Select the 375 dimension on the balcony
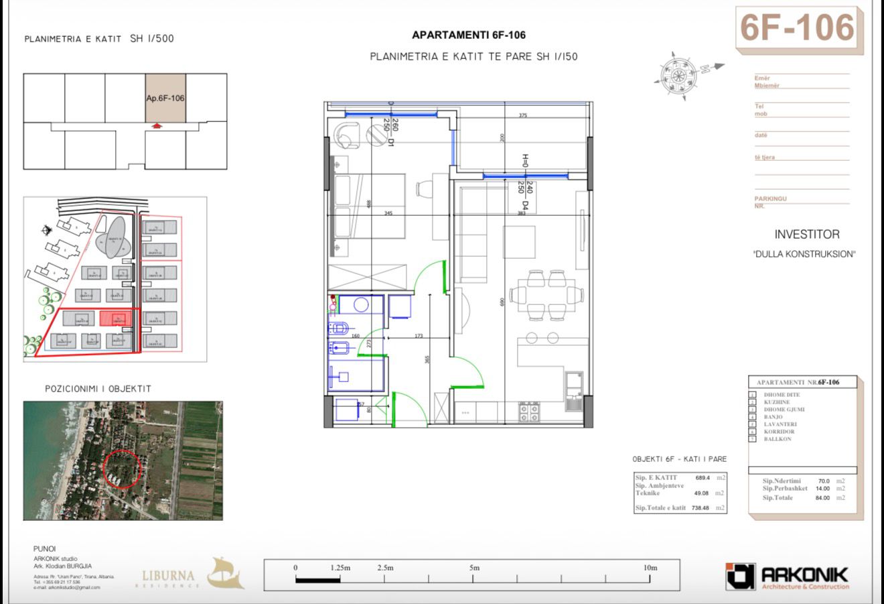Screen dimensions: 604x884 (x=523, y=115)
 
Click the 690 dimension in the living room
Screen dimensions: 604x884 (x=500, y=302)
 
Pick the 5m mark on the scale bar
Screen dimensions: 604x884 (x=474, y=568)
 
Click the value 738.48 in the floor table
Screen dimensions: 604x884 (x=701, y=508)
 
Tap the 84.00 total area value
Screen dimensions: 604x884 (x=822, y=497)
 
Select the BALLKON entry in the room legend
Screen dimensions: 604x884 (x=778, y=439)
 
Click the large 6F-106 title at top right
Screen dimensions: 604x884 (x=797, y=28)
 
